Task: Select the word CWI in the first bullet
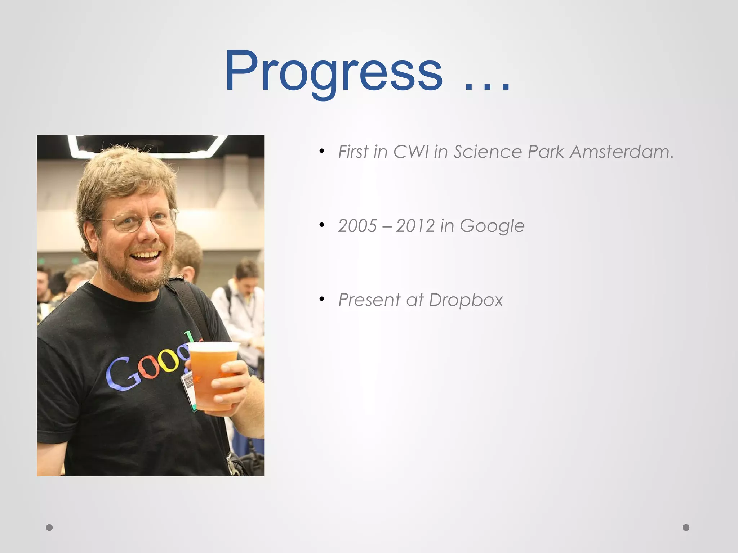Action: pos(410,152)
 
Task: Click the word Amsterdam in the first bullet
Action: pos(621,152)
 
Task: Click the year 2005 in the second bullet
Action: pos(357,226)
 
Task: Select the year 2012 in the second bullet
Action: pos(415,226)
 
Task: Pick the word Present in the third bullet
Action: pos(369,300)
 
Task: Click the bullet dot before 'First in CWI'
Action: pos(322,151)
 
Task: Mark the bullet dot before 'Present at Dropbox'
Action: pos(322,299)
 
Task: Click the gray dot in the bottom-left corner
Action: pos(49,527)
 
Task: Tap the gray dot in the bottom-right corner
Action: pos(686,527)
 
